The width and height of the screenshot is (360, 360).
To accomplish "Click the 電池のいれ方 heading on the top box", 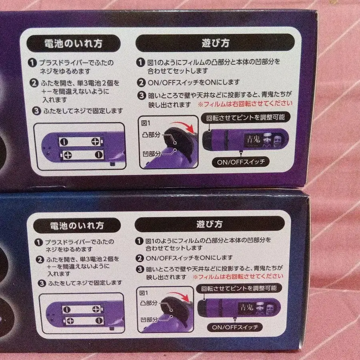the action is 74,43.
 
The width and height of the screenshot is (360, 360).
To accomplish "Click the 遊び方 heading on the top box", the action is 215,43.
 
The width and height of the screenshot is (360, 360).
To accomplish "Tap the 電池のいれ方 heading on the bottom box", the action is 77,225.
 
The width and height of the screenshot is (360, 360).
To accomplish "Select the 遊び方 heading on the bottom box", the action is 209,224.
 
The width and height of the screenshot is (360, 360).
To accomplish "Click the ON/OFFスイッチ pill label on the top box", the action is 241,162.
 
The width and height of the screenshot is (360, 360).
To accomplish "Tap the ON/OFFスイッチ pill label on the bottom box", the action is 235,327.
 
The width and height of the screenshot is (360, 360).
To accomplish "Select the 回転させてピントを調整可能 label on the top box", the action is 246,118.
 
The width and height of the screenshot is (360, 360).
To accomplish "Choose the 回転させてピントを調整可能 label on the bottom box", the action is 239,288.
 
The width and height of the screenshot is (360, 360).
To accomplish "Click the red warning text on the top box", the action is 245,104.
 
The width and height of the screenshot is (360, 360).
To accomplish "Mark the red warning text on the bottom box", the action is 238,276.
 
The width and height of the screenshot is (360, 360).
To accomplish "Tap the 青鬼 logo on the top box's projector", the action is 253,139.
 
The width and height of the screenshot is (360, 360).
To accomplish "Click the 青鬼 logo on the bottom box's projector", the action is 246,308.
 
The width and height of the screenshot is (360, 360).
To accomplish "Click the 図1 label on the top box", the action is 146,123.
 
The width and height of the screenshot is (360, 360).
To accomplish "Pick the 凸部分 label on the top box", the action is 151,134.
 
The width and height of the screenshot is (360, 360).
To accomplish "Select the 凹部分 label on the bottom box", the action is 149,319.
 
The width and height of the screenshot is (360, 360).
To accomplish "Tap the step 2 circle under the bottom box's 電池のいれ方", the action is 40,260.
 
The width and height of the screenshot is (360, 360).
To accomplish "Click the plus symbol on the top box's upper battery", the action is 95,142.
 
